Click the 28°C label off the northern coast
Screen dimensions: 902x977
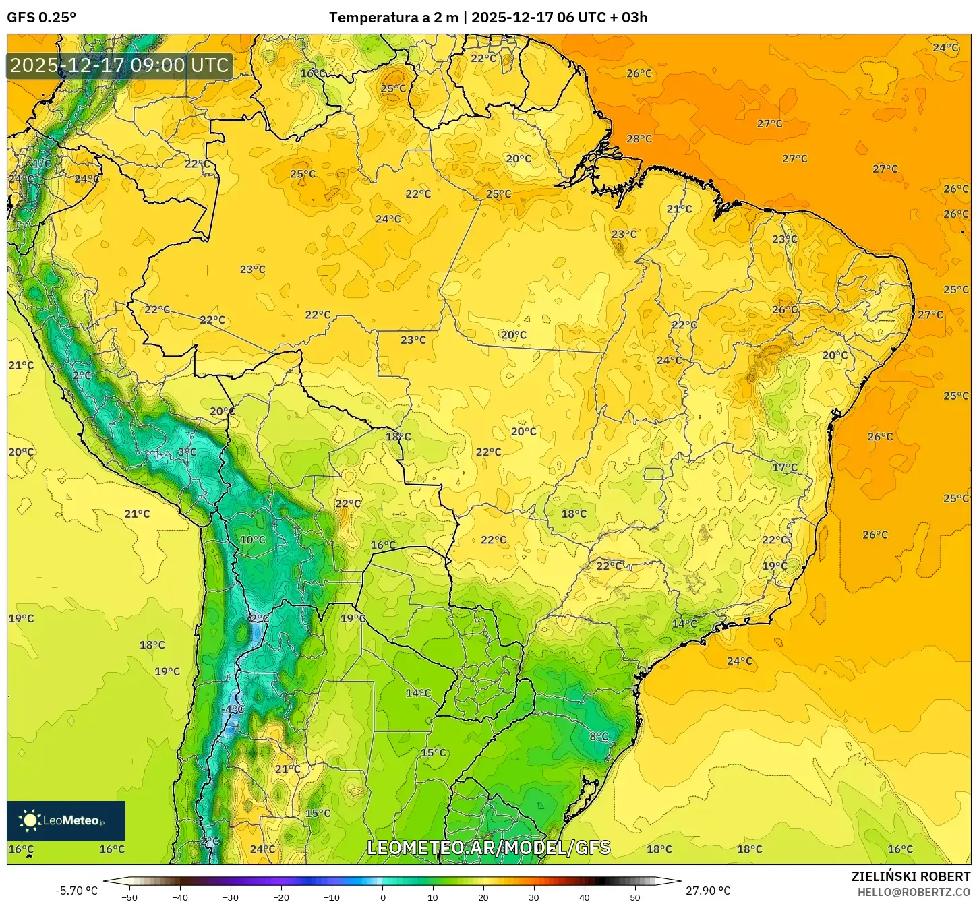point(639,139)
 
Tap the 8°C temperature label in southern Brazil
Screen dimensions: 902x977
point(599,736)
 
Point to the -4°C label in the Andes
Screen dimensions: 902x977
point(233,709)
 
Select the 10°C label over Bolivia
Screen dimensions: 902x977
point(253,540)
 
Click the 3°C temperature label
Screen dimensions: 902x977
point(187,452)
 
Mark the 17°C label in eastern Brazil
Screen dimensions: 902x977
point(785,468)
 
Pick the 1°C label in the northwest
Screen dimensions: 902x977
point(42,164)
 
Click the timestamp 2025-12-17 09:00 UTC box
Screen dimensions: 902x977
point(119,65)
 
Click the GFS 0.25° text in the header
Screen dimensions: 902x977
point(42,18)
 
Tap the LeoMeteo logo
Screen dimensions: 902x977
point(66,820)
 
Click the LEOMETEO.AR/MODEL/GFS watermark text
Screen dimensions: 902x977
point(489,847)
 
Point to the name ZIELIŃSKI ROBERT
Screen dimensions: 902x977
point(910,876)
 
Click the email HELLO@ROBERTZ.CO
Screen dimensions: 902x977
point(914,892)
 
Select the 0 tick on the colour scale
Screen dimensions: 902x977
point(382,897)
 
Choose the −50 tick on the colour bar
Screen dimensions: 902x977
point(129,897)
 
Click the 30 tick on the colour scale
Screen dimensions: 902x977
point(534,897)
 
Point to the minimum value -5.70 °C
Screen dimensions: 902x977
point(76,891)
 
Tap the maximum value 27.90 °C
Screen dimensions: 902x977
point(708,891)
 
